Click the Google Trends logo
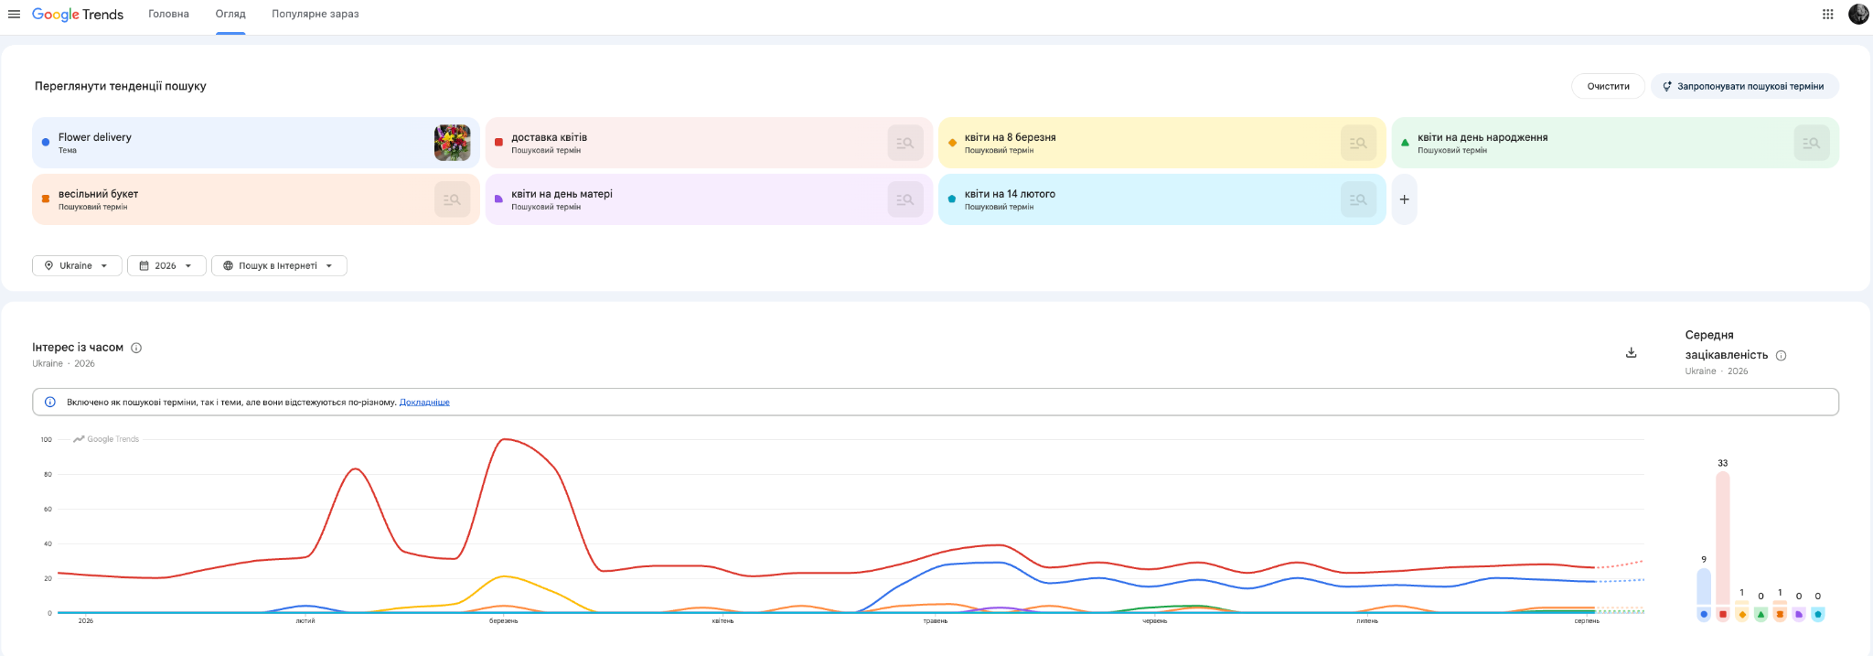[x=78, y=14]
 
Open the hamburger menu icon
[x=14, y=14]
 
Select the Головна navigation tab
[x=168, y=14]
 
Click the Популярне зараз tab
[x=315, y=14]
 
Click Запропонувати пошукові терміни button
[x=1744, y=86]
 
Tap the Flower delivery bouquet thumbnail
[x=452, y=143]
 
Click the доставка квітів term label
[x=549, y=137]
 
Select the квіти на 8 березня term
[x=1010, y=137]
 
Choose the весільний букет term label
[x=98, y=194]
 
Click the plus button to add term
[x=1404, y=199]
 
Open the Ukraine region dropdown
[x=77, y=265]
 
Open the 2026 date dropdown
[x=166, y=265]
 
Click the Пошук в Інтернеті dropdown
[x=279, y=265]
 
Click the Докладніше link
[x=424, y=402]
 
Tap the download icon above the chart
[x=1631, y=352]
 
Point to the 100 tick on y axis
[x=47, y=439]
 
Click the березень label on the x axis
[x=503, y=621]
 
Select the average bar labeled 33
[x=1723, y=539]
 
